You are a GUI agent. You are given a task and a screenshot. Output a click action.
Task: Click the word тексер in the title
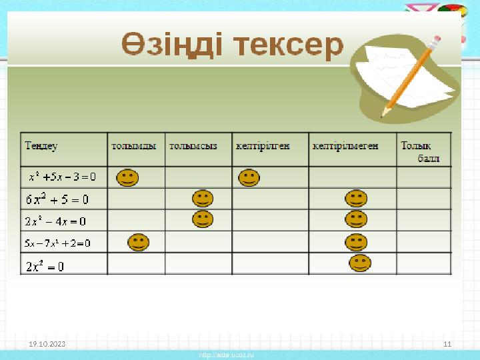point(288,45)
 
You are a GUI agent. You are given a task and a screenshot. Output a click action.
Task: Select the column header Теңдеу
point(41,145)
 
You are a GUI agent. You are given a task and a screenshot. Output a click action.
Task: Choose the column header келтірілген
point(263,145)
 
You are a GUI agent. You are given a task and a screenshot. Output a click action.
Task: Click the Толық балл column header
point(423,151)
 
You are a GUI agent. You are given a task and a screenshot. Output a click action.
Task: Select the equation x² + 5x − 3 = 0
point(62,177)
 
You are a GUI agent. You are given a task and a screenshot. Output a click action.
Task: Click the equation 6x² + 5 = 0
point(57,199)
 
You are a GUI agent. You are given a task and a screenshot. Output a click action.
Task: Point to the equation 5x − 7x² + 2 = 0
point(57,243)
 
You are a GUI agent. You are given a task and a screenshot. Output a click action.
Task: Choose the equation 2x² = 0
point(45,266)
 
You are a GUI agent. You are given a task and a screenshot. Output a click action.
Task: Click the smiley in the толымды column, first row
point(128,178)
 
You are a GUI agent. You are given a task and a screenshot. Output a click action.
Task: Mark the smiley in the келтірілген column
point(249,178)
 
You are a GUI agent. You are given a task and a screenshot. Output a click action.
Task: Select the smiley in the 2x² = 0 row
point(360,263)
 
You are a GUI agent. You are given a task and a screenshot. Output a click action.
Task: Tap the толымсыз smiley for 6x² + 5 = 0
point(202,198)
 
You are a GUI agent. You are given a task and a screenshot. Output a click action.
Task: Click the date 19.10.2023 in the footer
point(47,343)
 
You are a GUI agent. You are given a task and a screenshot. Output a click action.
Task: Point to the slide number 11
point(447,343)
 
